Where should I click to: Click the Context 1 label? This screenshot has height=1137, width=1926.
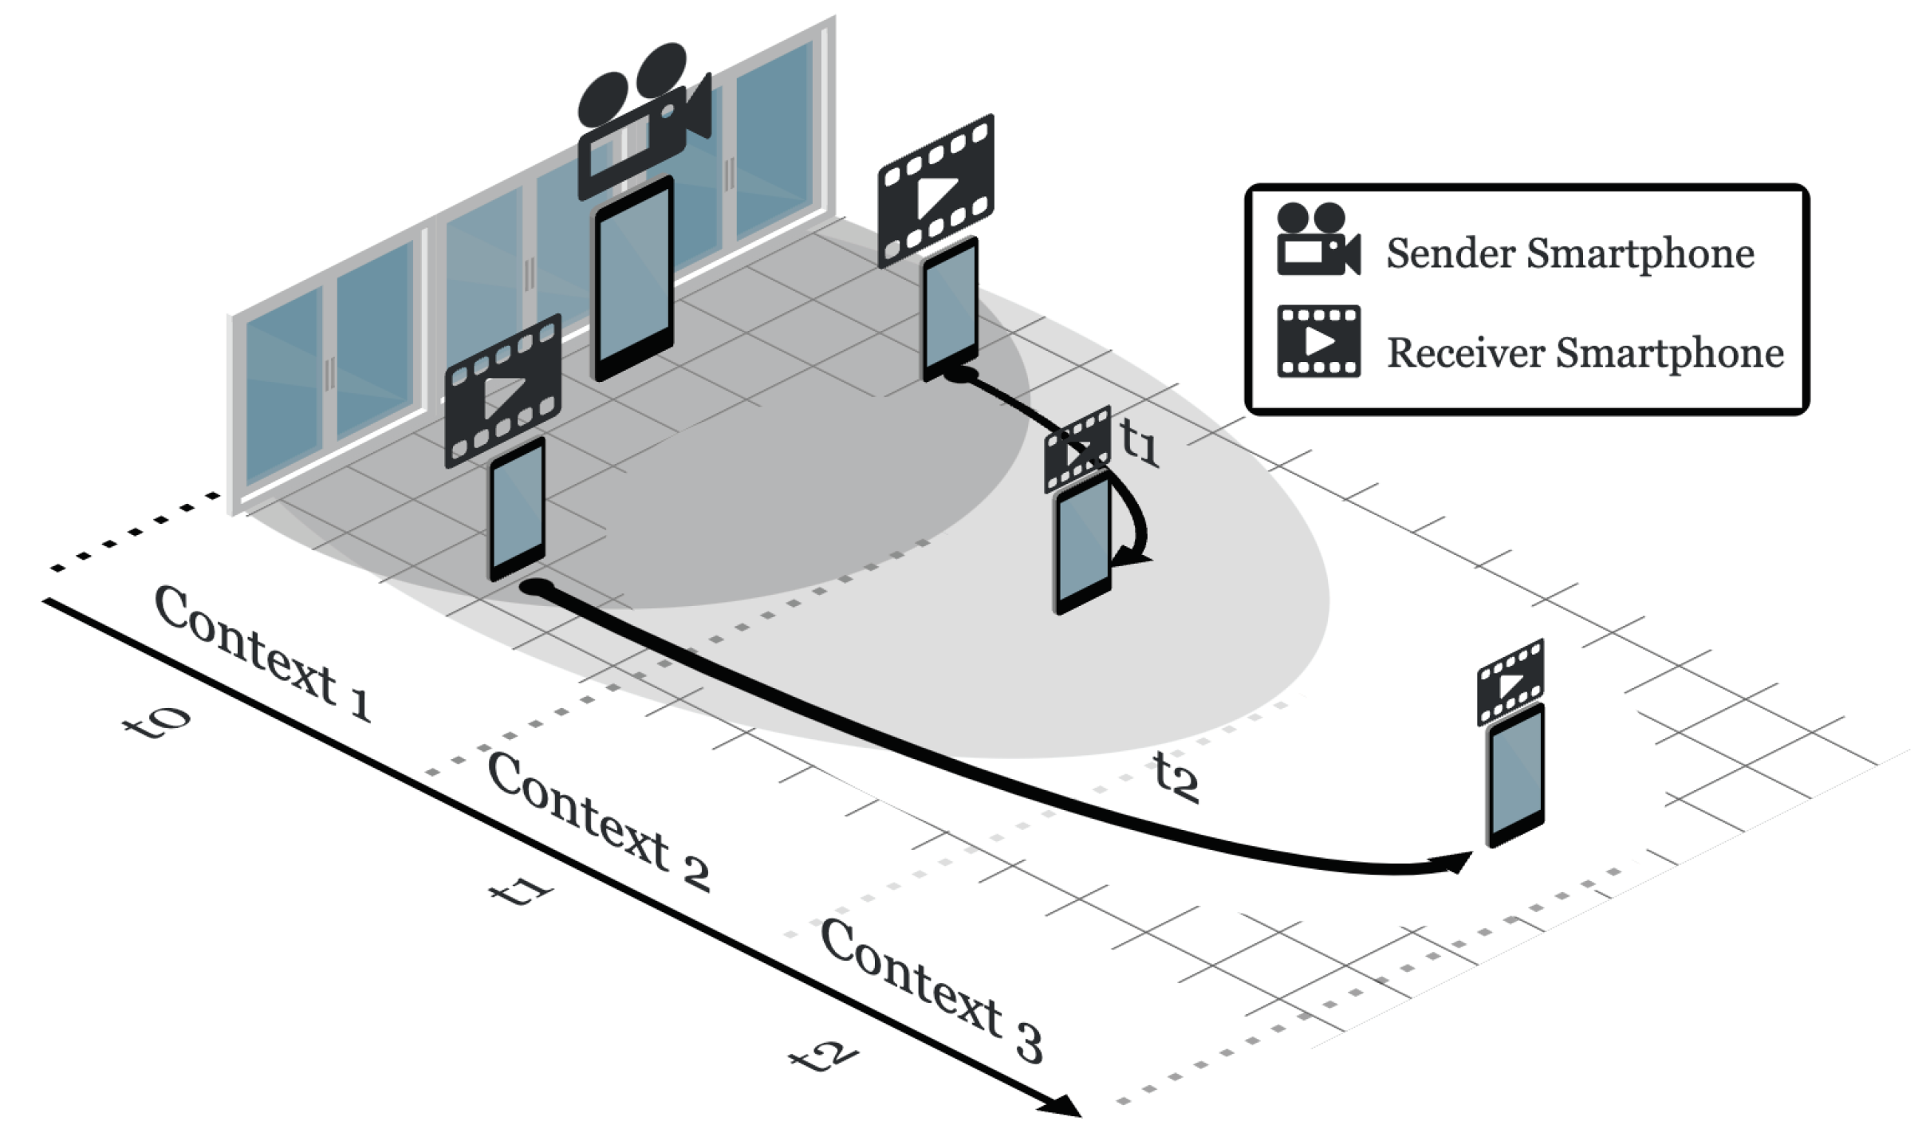click(x=263, y=654)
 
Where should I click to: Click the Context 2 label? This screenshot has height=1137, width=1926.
click(x=598, y=821)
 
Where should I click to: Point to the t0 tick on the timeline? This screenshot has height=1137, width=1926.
click(x=157, y=722)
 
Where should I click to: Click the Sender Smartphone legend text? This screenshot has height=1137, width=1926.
click(x=1570, y=254)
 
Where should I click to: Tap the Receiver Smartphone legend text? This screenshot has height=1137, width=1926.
click(x=1585, y=352)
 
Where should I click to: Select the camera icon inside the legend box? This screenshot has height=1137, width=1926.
click(x=1317, y=240)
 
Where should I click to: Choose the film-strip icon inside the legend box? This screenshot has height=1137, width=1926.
click(x=1318, y=341)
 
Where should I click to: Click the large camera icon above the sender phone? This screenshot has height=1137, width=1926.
click(x=642, y=120)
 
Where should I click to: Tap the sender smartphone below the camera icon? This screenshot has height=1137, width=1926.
click(x=634, y=279)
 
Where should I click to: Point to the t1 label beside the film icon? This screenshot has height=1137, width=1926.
click(x=1139, y=443)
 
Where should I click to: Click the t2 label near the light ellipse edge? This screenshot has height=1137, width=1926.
click(x=1176, y=777)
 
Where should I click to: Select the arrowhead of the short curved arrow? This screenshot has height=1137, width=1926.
click(x=1131, y=558)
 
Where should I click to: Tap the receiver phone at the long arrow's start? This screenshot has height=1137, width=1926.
click(x=517, y=510)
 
